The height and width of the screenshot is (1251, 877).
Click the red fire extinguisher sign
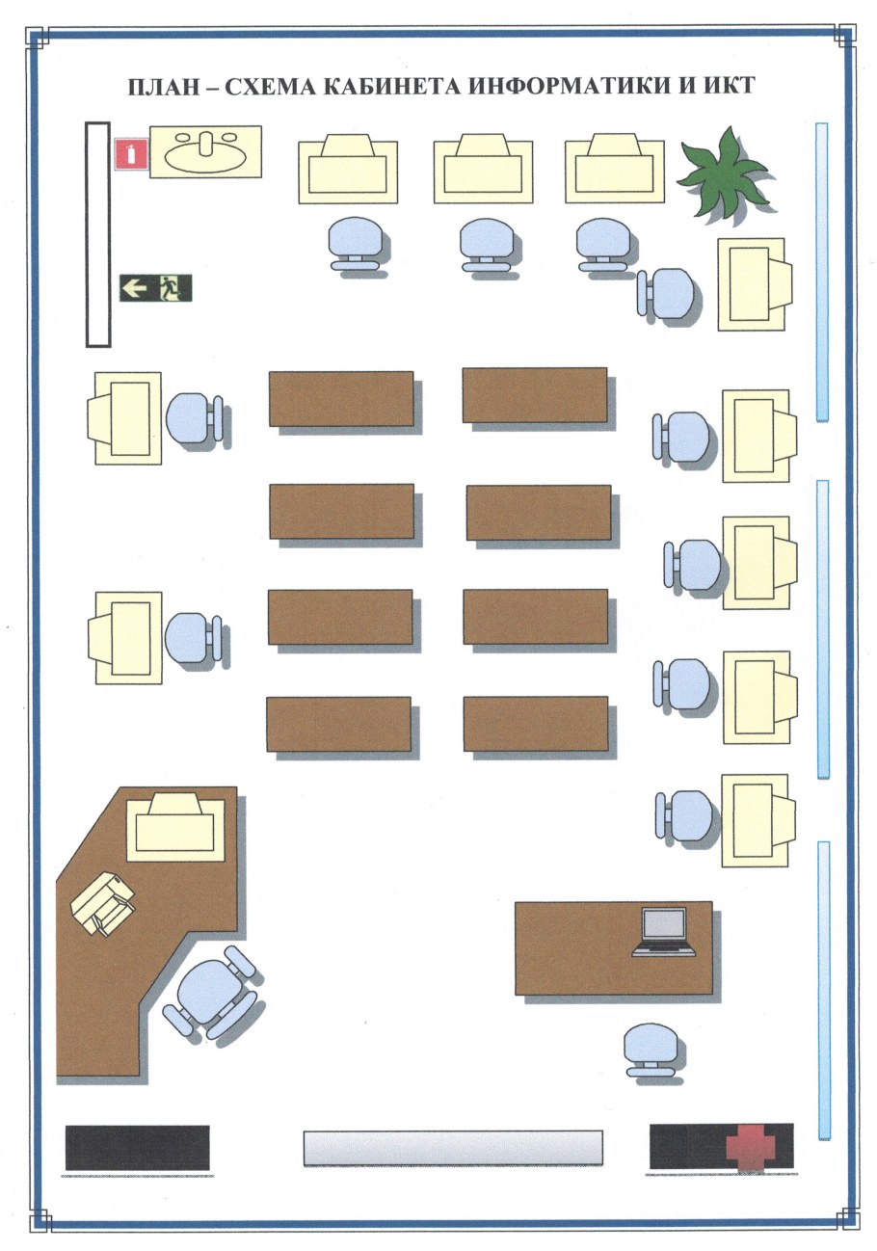click(131, 154)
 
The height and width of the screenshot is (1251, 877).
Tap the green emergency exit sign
click(156, 288)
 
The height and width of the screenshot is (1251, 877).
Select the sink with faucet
click(205, 151)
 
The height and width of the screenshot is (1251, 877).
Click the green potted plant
click(722, 174)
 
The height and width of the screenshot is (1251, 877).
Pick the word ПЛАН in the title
click(164, 87)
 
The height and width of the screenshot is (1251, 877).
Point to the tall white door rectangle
click(97, 234)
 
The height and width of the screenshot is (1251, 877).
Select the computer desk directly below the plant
click(755, 285)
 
